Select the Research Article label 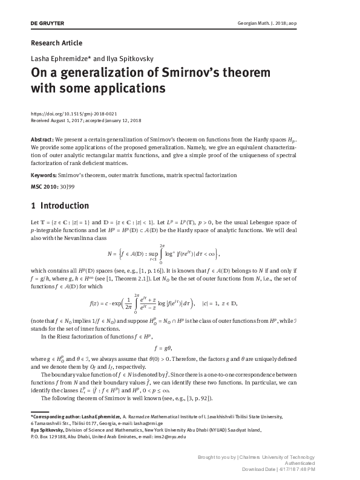(56, 43)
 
